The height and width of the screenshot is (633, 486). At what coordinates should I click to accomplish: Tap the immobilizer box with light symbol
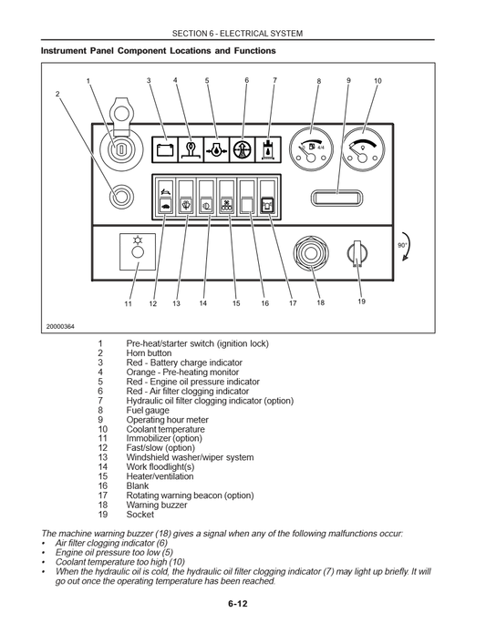136,251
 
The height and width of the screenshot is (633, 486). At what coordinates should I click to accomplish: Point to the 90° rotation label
402,245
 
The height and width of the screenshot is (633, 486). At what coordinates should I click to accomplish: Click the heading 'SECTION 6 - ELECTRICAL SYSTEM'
243,33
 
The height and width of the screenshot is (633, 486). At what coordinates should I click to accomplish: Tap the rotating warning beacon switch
268,205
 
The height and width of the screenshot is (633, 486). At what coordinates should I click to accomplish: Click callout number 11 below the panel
129,303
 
